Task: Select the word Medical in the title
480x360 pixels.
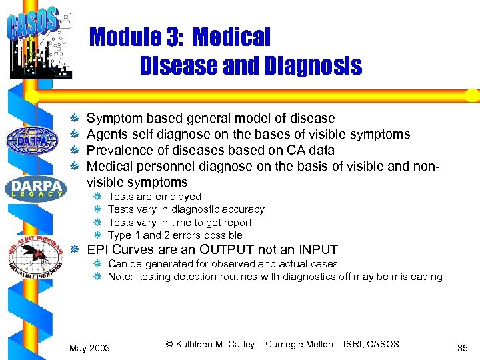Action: [233, 37]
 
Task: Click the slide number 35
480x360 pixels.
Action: [463, 347]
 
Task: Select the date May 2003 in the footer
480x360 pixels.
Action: [90, 347]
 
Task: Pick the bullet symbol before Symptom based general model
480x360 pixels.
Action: [76, 119]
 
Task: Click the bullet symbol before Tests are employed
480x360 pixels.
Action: [97, 197]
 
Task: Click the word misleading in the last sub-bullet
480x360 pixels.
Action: [417, 277]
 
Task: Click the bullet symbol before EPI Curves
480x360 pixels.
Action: [76, 251]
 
